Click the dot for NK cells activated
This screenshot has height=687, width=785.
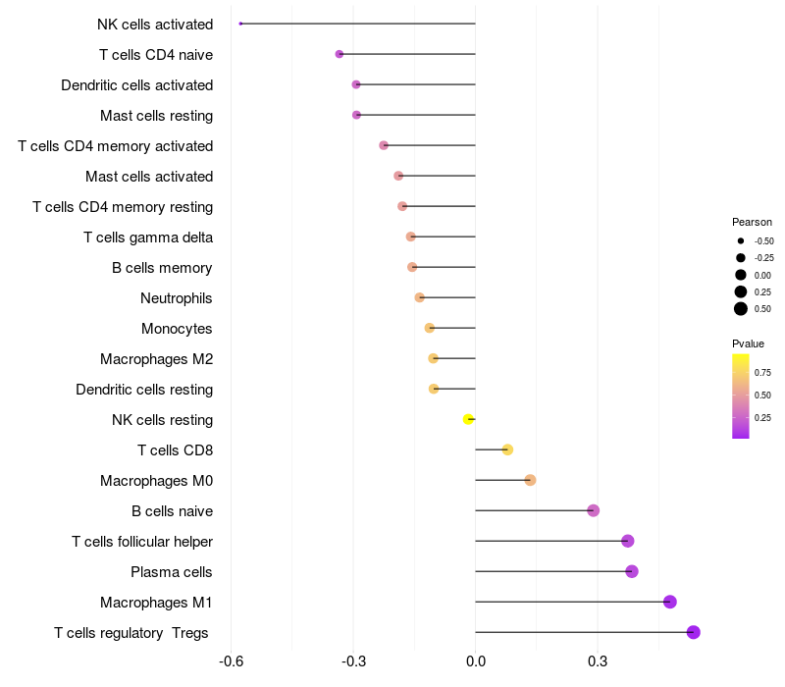[240, 24]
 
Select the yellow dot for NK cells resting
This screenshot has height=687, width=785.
[469, 419]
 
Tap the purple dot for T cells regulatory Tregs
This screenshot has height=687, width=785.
[694, 632]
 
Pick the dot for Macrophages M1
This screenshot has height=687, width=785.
[670, 602]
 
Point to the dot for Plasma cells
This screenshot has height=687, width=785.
[632, 571]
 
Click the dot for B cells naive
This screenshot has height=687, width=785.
[594, 510]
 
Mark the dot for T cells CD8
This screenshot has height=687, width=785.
[507, 449]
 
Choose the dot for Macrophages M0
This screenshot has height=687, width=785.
[530, 480]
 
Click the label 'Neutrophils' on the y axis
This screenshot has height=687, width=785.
[177, 298]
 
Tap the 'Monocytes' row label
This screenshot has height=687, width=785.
[177, 329]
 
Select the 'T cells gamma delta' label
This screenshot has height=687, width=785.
[148, 238]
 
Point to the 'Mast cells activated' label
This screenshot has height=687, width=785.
[149, 177]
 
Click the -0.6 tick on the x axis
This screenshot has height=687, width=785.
[231, 661]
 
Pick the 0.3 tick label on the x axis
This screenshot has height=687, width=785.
[598, 661]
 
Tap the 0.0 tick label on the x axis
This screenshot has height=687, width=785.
[476, 661]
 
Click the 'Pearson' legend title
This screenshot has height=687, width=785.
[752, 222]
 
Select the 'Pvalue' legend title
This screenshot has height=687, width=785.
[748, 343]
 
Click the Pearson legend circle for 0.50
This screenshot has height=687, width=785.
[741, 309]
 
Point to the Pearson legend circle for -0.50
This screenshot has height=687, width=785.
[741, 240]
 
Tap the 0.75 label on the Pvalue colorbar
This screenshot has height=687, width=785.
[762, 373]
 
